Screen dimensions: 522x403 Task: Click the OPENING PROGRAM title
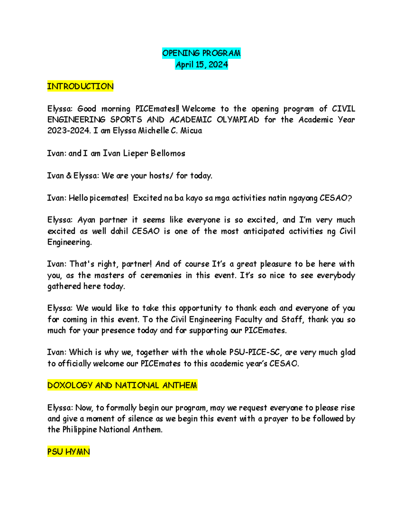click(x=201, y=53)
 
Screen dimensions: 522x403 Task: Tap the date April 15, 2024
click(x=201, y=65)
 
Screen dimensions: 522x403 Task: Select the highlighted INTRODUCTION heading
click(x=80, y=86)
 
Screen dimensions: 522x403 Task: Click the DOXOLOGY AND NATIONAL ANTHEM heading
click(x=122, y=385)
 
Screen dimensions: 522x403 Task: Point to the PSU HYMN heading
click(x=69, y=452)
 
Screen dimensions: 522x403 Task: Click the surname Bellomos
click(x=168, y=153)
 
